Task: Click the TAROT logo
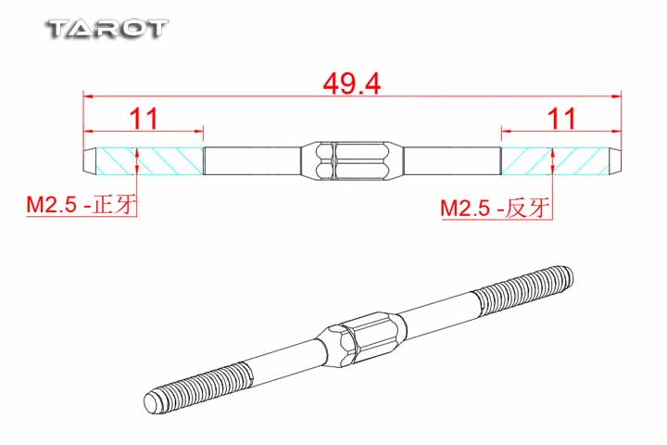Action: tap(107, 30)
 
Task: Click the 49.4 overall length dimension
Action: tap(351, 83)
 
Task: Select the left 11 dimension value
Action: tap(145, 119)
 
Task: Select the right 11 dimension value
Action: tap(561, 119)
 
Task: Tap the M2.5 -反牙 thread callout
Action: tap(495, 208)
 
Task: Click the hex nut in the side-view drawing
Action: tap(352, 161)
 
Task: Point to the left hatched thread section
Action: tap(149, 161)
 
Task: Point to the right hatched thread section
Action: tap(556, 161)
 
